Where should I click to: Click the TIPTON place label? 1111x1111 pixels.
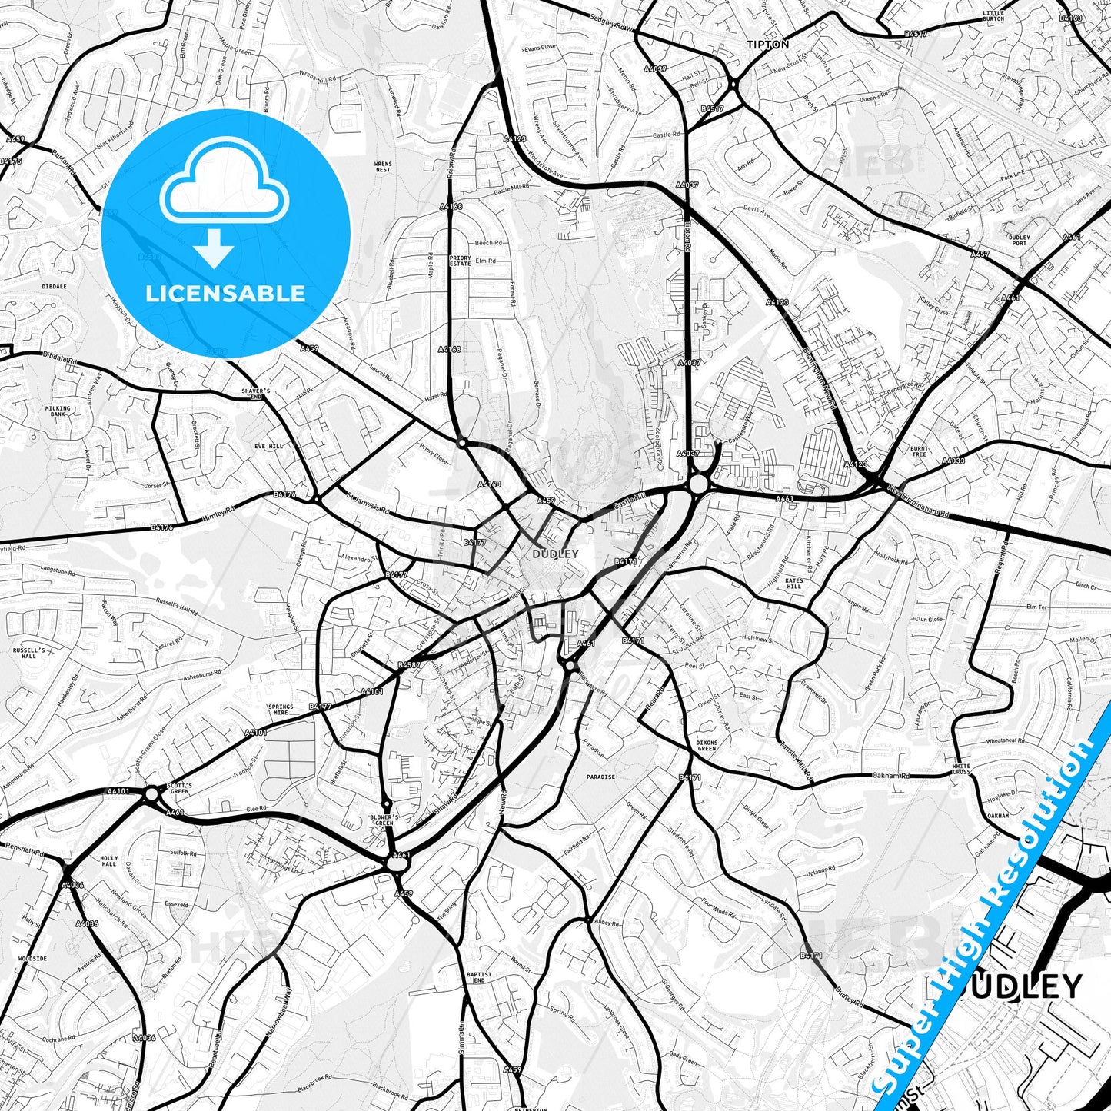pyautogui.click(x=767, y=45)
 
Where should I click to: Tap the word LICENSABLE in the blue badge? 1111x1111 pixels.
pyautogui.click(x=225, y=293)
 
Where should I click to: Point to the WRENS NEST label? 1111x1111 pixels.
pyautogui.click(x=382, y=167)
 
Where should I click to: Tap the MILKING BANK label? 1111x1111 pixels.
pyautogui.click(x=58, y=411)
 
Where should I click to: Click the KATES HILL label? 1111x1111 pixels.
pyautogui.click(x=794, y=584)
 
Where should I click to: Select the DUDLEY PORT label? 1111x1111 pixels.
pyautogui.click(x=1020, y=241)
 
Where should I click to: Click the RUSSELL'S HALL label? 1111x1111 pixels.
pyautogui.click(x=29, y=653)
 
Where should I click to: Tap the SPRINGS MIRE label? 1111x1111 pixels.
pyautogui.click(x=281, y=710)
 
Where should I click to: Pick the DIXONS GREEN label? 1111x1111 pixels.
pyautogui.click(x=707, y=746)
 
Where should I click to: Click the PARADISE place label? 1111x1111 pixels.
pyautogui.click(x=600, y=777)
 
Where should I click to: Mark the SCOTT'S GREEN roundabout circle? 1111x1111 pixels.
pyautogui.click(x=151, y=793)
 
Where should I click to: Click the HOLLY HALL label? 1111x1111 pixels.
pyautogui.click(x=109, y=860)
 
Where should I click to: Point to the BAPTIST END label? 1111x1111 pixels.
pyautogui.click(x=478, y=977)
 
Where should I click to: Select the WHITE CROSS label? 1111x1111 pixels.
pyautogui.click(x=961, y=769)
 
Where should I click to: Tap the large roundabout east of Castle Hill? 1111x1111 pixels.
pyautogui.click(x=698, y=484)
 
